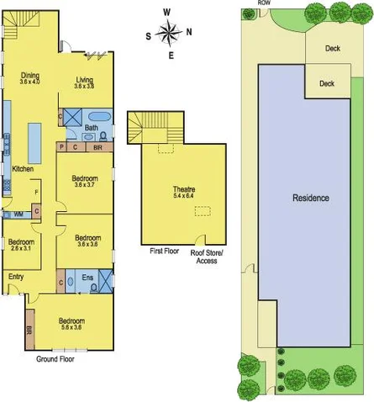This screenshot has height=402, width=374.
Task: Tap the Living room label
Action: [x=83, y=79]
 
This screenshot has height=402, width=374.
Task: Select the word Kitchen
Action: [x=23, y=169]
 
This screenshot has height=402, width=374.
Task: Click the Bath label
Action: [x=92, y=128]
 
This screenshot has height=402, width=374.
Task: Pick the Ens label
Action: [x=88, y=276]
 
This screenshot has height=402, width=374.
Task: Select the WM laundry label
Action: [x=18, y=214]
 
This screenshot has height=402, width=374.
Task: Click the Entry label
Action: [x=16, y=276]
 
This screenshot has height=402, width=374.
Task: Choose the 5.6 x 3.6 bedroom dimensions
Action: [x=71, y=328]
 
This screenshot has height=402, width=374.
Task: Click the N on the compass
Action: [x=188, y=33]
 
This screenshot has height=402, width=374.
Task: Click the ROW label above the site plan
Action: [x=264, y=3]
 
